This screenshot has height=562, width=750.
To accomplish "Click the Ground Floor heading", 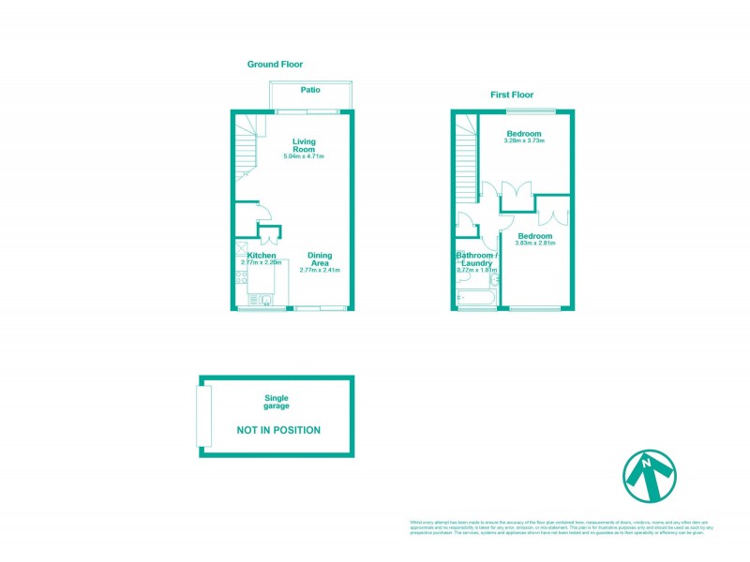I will [x=275, y=65].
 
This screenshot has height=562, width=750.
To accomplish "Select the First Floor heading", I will [x=512, y=96].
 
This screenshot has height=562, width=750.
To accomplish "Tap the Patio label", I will [x=310, y=90].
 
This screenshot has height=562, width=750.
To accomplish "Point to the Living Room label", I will [x=304, y=145].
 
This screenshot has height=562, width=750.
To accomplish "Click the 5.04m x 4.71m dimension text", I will [x=304, y=156].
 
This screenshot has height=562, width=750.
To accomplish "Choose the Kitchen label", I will [x=262, y=256].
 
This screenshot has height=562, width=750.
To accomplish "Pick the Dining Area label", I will [x=320, y=259].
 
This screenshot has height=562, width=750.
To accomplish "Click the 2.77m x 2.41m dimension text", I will [x=320, y=271].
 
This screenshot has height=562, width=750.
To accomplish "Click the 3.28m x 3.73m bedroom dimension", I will [x=523, y=144].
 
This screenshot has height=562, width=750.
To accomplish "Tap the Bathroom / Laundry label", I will [x=475, y=259].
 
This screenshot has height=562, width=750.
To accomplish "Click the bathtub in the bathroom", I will [x=477, y=300].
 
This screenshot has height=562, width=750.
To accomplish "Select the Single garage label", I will [x=276, y=403].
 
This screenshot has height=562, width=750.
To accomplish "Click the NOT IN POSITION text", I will [x=277, y=431].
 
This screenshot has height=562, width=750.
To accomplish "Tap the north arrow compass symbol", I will [x=650, y=475].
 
